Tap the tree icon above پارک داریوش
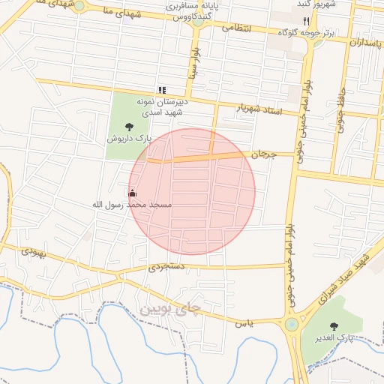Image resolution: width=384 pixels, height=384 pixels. [130, 127]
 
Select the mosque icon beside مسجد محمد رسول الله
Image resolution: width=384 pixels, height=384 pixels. [133, 193]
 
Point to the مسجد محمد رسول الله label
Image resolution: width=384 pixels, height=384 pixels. [132, 205]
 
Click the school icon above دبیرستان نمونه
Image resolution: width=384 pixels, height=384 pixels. [161, 89]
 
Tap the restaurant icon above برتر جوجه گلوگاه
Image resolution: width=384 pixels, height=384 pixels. [305, 21]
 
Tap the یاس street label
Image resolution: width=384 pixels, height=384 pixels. [244, 323]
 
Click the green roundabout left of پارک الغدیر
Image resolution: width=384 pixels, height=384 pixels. [290, 325]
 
